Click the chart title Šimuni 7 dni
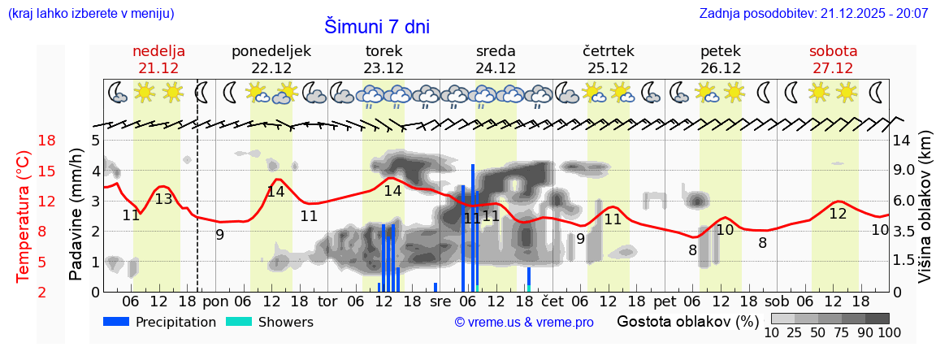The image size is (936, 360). click(377, 26)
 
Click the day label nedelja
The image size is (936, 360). click(159, 50)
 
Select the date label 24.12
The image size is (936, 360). click(496, 68)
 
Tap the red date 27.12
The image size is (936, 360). click(833, 68)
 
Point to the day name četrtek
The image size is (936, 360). click(609, 50)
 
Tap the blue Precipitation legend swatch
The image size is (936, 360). click(117, 322)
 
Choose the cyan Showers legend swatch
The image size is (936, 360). click(239, 322)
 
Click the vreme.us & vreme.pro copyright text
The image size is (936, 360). click(524, 323)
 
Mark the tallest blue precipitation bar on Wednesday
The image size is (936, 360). click(473, 228)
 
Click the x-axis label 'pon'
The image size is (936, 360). click(215, 301)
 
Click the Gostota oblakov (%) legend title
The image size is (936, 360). click(687, 321)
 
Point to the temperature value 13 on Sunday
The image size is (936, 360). click(163, 199)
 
